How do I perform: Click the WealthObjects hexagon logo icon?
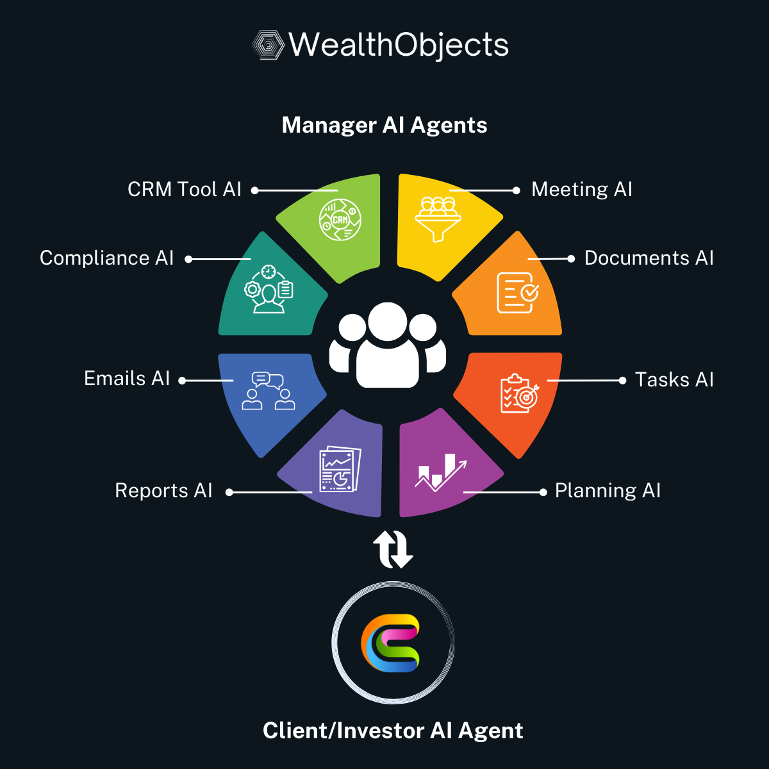268,45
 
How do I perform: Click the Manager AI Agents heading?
384,125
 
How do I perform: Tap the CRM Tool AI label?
185,190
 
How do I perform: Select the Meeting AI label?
582,190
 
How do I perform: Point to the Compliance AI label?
107,258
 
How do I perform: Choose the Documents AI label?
649,258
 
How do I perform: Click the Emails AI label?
127,379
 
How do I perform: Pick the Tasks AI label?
674,379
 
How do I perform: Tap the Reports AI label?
163,491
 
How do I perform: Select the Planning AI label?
608,491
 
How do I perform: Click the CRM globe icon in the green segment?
340,220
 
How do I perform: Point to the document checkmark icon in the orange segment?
517,293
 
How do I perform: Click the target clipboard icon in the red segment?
519,393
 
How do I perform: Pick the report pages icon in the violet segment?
340,469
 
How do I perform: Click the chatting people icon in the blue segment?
268,391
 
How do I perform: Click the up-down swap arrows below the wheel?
392,549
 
